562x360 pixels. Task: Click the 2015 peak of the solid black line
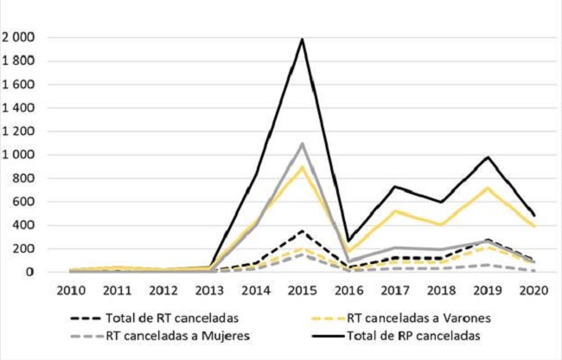coord(302,39)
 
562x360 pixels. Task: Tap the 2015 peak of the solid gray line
coord(302,144)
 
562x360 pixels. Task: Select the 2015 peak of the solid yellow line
coord(302,167)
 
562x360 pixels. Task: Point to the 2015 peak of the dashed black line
coord(302,231)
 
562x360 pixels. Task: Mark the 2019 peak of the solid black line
coord(489,157)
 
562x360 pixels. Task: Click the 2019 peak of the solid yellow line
coord(489,188)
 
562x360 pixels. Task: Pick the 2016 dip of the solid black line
coord(348,241)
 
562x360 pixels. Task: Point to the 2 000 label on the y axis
coord(19,37)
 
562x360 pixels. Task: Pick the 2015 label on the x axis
coord(302,290)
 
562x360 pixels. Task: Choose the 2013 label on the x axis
coord(208,290)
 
